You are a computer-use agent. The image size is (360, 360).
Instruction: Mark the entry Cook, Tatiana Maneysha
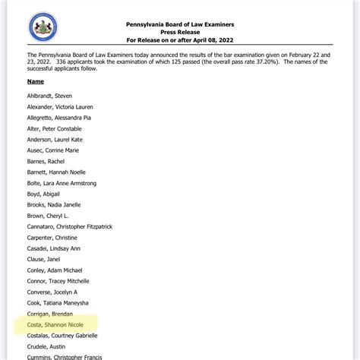pos(63,302)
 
